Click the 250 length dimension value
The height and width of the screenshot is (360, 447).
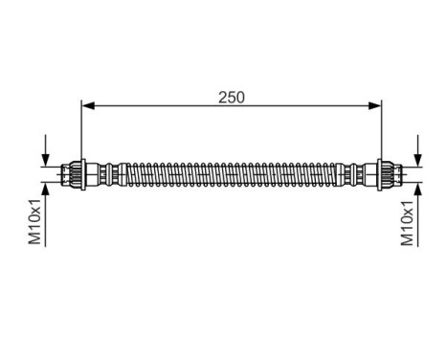[230, 97]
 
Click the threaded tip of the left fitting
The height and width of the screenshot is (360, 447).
[67, 175]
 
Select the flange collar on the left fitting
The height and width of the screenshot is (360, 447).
[83, 175]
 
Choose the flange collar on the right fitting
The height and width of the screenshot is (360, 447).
[379, 175]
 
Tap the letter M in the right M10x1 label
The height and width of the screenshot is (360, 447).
[408, 240]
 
